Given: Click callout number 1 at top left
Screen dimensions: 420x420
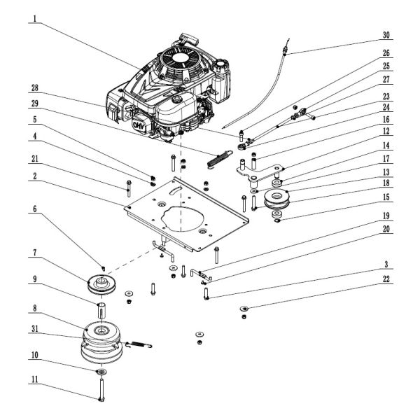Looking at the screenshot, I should (x=34, y=20).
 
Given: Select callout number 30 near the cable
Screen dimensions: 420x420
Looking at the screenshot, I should (x=386, y=34).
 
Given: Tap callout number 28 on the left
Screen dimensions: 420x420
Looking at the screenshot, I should (x=34, y=88).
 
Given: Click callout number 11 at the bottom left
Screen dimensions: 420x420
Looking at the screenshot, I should (x=34, y=381).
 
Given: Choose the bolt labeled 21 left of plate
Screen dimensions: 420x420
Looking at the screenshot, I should (x=129, y=188).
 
